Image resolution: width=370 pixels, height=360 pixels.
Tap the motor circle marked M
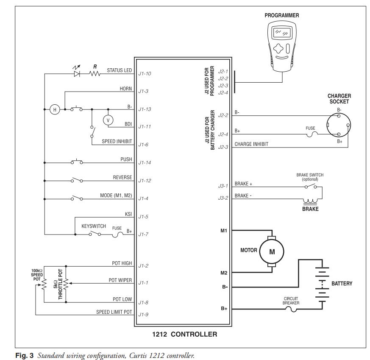271,251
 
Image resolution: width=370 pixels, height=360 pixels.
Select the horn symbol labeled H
54,109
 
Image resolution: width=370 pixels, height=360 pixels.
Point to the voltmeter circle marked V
108,120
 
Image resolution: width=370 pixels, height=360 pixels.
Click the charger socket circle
339,125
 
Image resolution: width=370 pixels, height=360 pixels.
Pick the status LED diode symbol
77,73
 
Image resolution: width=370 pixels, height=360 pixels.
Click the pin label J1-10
145,74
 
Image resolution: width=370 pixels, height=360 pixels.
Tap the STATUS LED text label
119,70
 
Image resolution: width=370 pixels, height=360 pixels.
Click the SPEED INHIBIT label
117,142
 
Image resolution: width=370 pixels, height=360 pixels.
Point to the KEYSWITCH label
94,226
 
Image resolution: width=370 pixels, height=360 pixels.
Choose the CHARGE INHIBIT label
251,144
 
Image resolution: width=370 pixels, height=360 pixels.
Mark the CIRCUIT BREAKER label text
291,301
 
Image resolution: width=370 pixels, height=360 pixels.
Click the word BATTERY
342,283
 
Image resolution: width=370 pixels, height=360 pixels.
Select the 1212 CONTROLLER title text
184,334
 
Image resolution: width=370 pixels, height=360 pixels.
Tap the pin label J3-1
223,186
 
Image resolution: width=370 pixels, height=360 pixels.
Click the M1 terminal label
224,231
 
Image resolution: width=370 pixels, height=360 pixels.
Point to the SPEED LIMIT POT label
114,313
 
